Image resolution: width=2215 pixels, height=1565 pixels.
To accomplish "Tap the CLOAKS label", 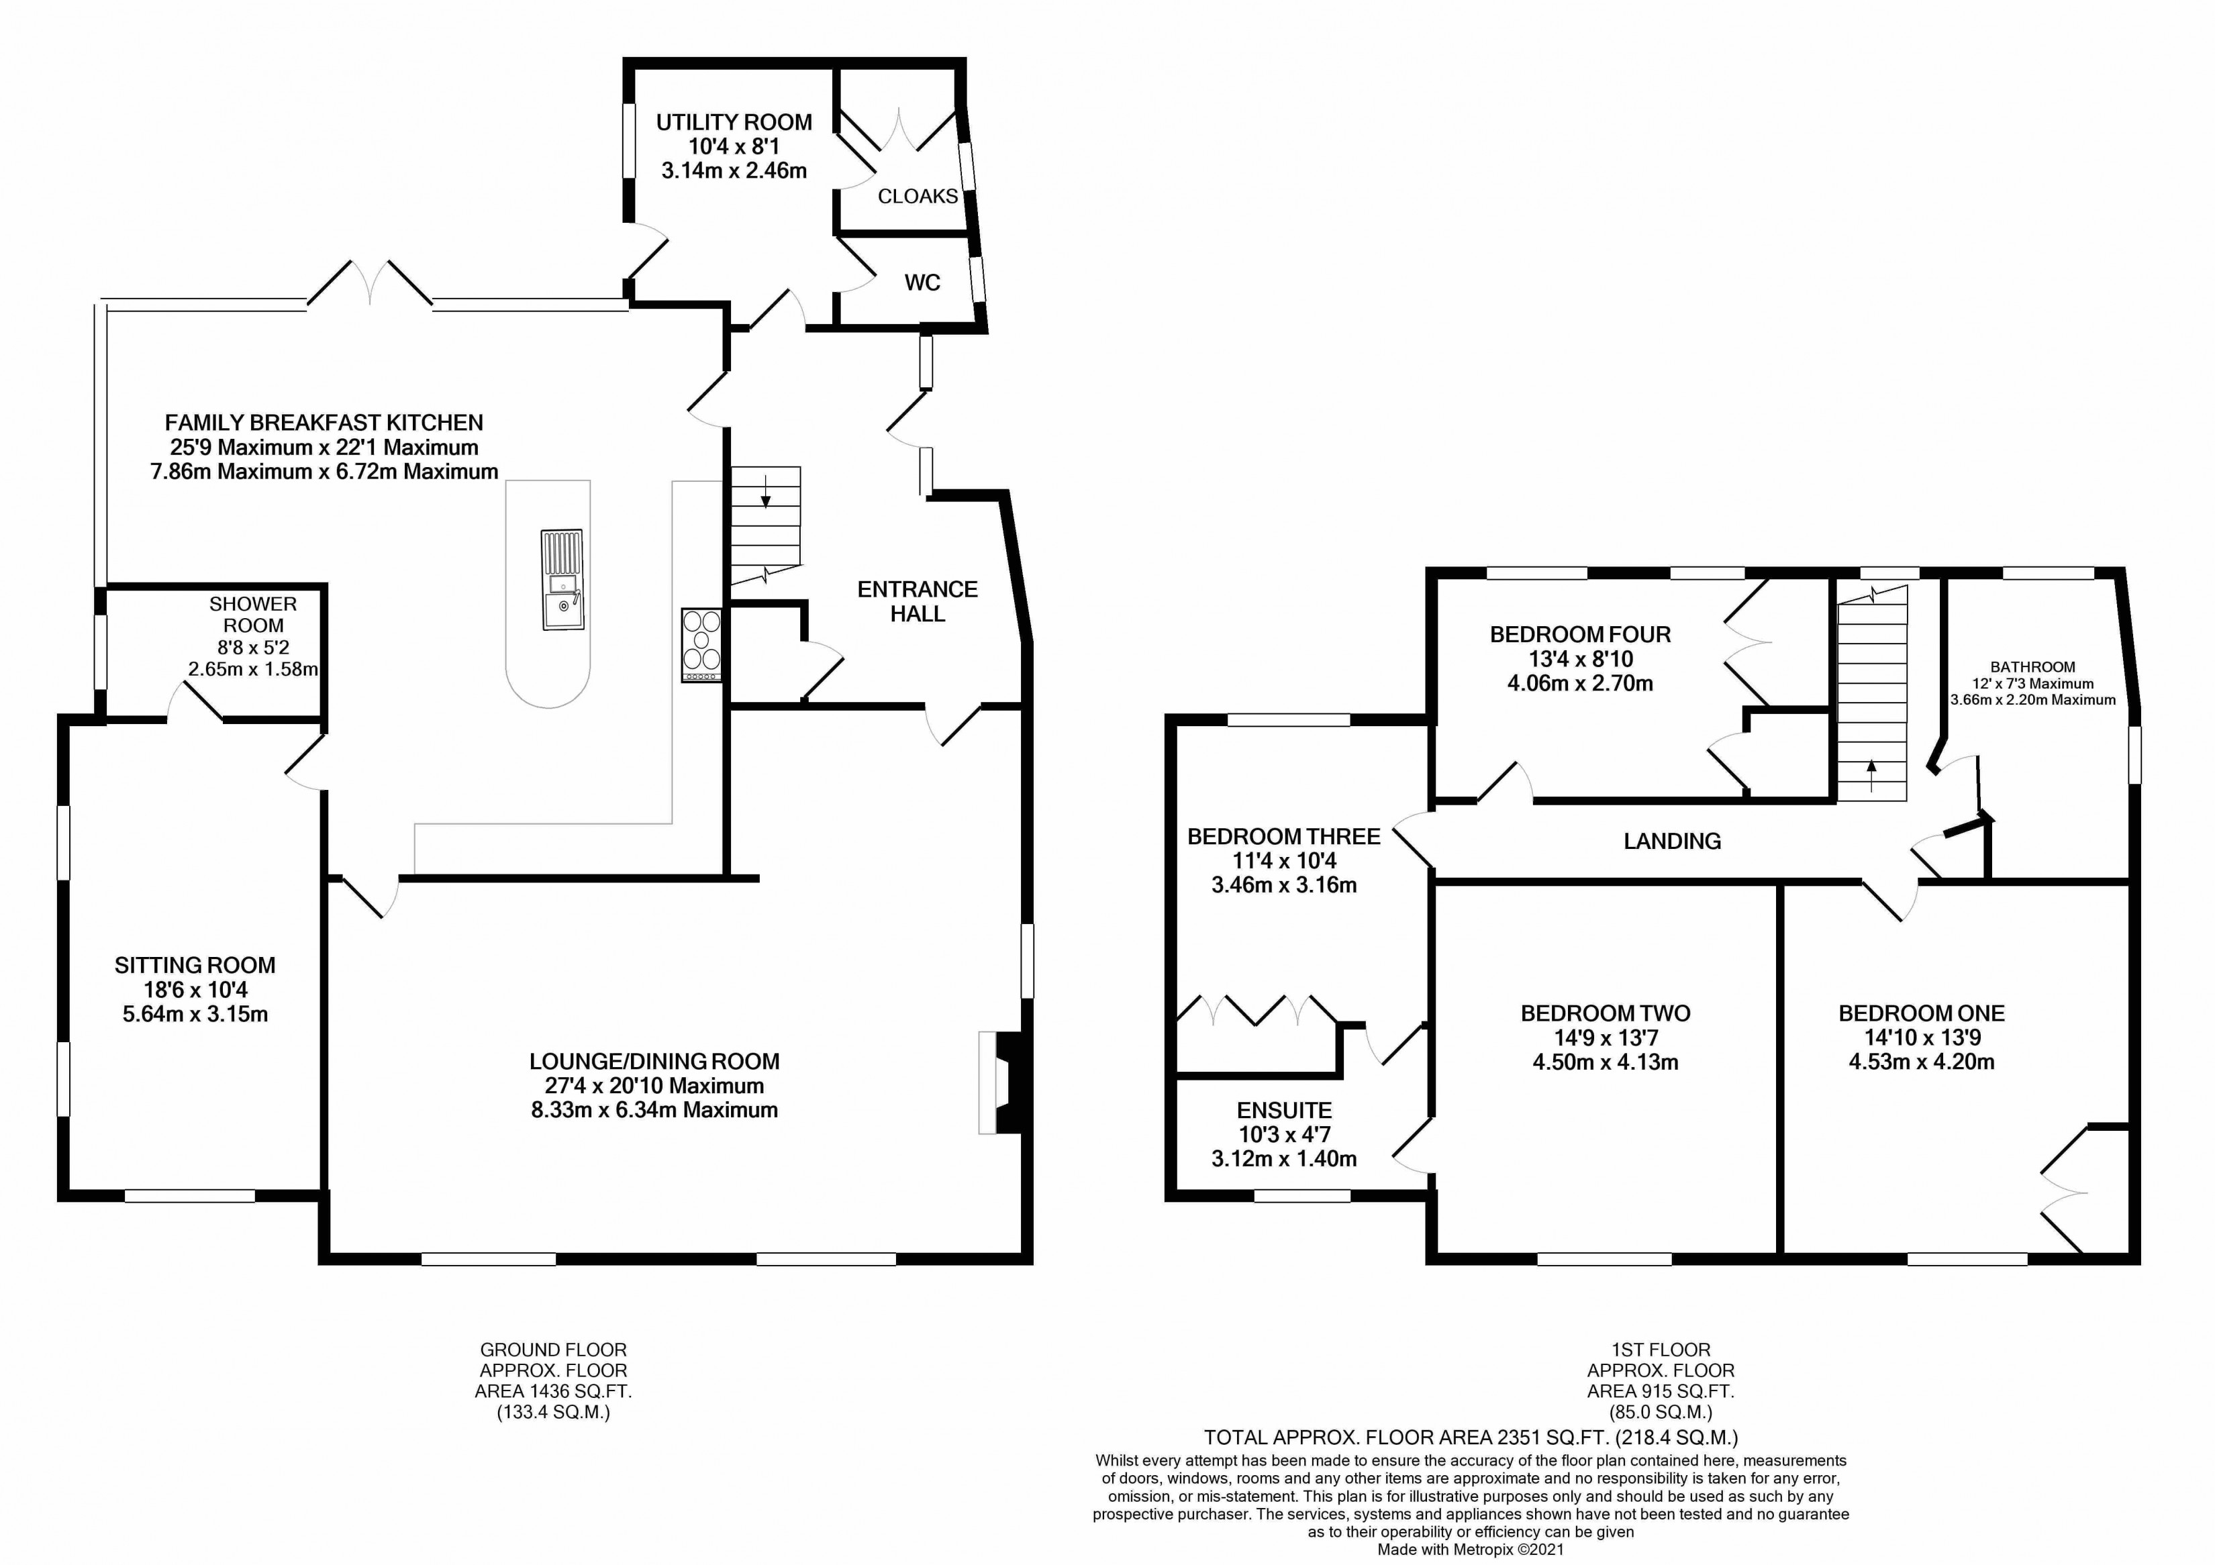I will coord(918,196).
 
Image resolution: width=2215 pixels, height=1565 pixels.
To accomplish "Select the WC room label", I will coord(922,283).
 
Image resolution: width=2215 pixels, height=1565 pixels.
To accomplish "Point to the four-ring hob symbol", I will coord(701,644).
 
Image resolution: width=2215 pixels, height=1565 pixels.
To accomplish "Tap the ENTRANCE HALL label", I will coord(918,601).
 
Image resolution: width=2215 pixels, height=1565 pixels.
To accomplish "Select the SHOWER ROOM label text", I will coord(253,614).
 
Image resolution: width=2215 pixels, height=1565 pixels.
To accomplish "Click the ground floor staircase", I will coord(765,525).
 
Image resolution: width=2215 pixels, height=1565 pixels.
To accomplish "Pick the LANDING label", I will coord(1672,841).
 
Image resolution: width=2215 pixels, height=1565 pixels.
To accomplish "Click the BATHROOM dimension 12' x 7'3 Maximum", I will coord(2032,684).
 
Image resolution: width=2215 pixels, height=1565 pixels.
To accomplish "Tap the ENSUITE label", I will coord(1284,1110).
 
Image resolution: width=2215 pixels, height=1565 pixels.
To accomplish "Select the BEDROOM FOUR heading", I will coord(1580,634).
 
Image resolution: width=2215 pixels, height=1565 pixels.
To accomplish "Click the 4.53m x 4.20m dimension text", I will coord(1921,1062).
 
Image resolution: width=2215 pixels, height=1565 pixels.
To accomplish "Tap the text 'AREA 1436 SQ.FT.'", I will coord(553,1391).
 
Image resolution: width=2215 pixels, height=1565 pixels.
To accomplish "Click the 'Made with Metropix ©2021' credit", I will coord(1470,1550).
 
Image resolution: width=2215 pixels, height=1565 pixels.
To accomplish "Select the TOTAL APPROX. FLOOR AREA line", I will coord(1470,1437).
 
